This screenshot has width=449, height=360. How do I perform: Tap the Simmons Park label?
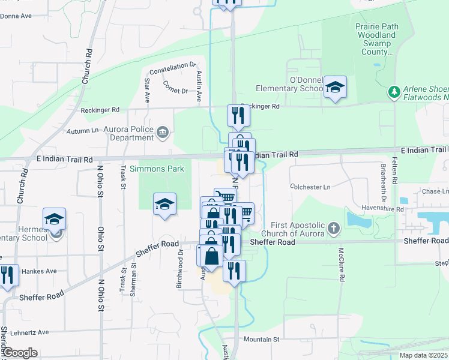[x=161, y=169]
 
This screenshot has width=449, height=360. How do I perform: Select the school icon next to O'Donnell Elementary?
[x=335, y=86]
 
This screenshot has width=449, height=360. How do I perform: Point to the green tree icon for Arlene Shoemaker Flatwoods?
[x=394, y=92]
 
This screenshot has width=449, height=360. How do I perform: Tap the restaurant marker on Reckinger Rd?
[x=238, y=114]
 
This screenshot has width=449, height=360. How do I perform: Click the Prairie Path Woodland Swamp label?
[x=376, y=39]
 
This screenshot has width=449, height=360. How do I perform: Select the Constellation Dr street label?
[x=173, y=68]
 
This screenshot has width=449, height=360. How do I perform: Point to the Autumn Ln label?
[x=83, y=130]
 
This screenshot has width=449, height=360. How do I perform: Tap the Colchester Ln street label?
[x=310, y=187]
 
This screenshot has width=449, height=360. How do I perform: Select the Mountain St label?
[x=262, y=339]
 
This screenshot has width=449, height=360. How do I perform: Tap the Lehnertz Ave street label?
[x=41, y=332]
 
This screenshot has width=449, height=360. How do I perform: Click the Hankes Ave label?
[x=39, y=271]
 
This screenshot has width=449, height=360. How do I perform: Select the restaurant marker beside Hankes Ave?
[x=7, y=275]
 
